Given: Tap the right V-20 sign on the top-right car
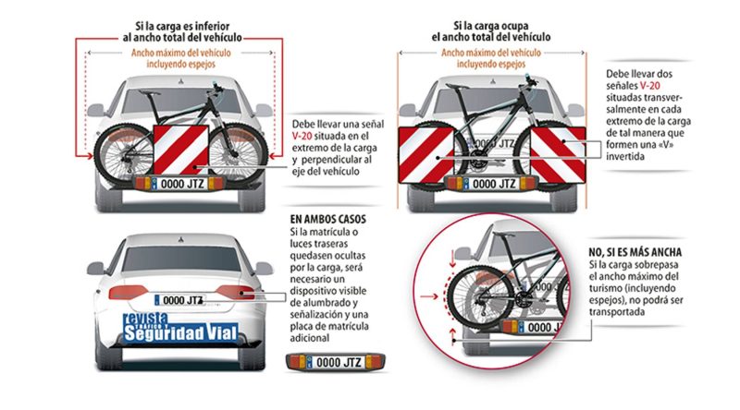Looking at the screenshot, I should click(557, 153).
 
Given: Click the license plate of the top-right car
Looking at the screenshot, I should click(494, 184).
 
